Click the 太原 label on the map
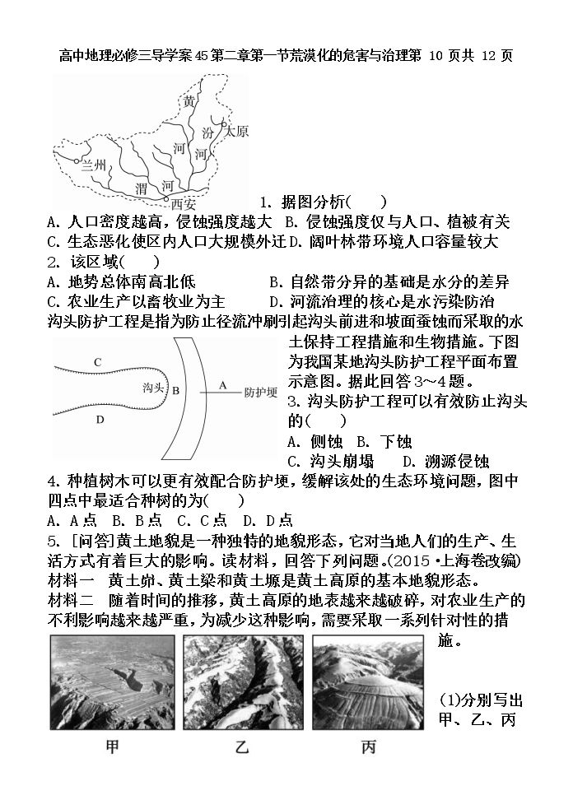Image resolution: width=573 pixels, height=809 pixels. [x=236, y=131]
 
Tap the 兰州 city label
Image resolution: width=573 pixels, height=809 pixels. [x=93, y=165]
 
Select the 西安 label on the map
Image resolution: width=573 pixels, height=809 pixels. [x=183, y=204]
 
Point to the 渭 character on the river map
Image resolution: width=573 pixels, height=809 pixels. [x=142, y=188]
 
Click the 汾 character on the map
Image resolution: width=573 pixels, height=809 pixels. [x=207, y=133]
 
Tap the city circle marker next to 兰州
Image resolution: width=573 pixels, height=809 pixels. [x=76, y=161]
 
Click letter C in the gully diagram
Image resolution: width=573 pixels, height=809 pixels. [x=98, y=362]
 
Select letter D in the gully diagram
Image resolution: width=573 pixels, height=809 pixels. [x=100, y=420]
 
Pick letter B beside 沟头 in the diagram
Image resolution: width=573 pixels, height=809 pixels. [x=175, y=390]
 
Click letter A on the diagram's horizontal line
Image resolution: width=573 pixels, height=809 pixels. [x=223, y=385]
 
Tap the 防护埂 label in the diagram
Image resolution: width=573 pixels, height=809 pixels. [x=261, y=393]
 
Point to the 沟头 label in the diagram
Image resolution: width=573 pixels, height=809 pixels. [x=153, y=387]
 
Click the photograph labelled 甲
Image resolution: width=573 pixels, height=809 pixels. [x=113, y=682]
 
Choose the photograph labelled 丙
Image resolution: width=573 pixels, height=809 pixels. [x=368, y=682]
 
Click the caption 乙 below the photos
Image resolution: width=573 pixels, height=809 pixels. [x=241, y=747]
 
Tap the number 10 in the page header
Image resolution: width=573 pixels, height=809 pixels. [x=436, y=56]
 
